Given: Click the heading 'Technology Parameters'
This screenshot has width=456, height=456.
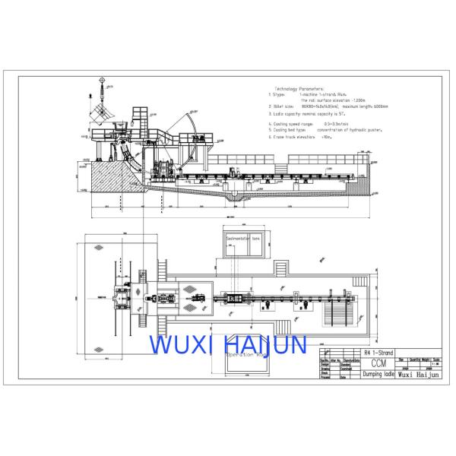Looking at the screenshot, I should pos(302,89).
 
